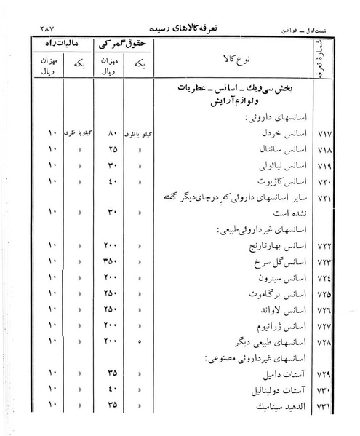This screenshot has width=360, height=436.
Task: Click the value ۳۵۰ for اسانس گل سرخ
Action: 112,261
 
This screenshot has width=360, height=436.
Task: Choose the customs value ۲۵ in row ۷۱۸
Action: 112,150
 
